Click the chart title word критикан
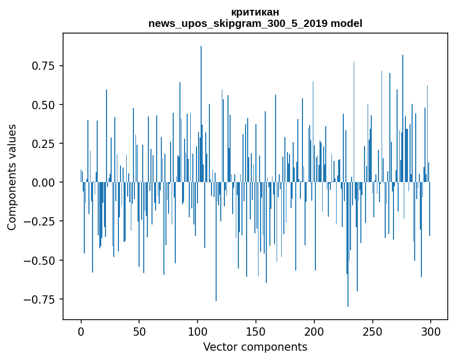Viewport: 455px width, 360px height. (255, 12)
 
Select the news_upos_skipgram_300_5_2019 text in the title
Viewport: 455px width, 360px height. (238, 23)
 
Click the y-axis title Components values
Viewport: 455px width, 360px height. (12, 177)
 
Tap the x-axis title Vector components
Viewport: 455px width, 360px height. (255, 347)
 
